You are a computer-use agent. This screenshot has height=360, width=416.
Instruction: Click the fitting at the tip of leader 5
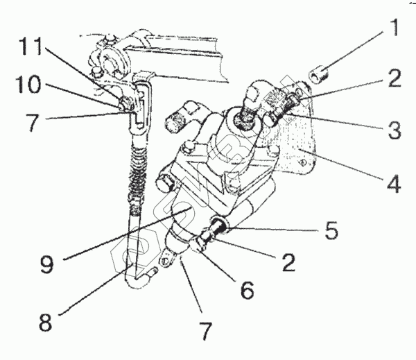tap(220, 228)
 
